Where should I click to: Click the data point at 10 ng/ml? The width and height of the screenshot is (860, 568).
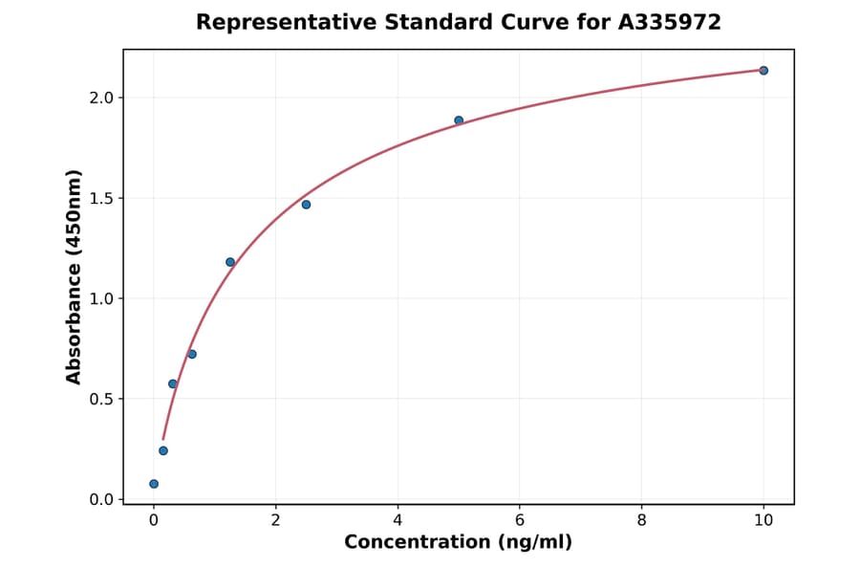(763, 71)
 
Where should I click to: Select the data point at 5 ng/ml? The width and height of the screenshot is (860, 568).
(459, 120)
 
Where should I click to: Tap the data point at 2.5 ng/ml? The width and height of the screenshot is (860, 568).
(306, 205)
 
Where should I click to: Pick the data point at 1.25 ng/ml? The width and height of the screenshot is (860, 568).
(230, 262)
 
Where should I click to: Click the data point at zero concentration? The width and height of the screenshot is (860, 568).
(154, 484)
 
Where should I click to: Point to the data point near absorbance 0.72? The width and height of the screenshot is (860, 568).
(192, 355)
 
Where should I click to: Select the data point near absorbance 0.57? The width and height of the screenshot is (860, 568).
(173, 383)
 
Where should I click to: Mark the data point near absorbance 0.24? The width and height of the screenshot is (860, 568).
(163, 450)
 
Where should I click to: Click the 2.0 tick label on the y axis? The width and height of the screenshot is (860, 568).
(101, 98)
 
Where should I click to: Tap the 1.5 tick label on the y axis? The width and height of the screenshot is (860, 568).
(101, 198)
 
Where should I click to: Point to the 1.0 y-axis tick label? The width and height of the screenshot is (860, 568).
(101, 298)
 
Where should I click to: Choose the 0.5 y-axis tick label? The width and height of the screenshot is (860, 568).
(101, 399)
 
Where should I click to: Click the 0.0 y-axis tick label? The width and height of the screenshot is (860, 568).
(101, 499)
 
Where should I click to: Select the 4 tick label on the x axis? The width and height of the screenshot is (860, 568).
(398, 520)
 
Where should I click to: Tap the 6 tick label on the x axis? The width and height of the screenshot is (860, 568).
(520, 520)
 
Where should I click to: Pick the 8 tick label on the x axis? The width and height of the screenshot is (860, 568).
(641, 520)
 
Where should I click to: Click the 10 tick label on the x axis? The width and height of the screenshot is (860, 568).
(763, 520)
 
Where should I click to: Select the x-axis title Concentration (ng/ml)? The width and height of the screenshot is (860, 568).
(459, 543)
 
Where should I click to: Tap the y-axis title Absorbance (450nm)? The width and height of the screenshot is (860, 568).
(75, 276)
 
